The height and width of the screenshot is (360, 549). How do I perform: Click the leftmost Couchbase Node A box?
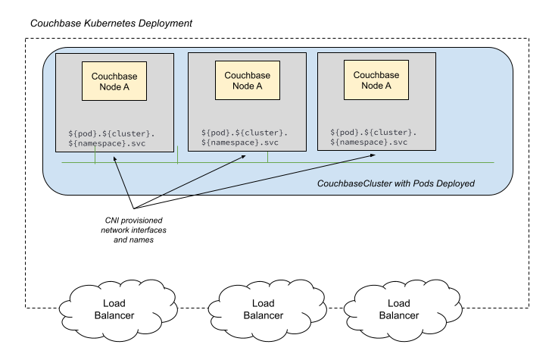pyautogui.click(x=114, y=81)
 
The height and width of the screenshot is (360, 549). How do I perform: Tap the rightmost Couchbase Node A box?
pyautogui.click(x=376, y=80)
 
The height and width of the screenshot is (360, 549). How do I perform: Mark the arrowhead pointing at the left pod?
pyautogui.click(x=114, y=158)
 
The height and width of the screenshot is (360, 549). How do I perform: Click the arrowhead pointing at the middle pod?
pyautogui.click(x=244, y=157)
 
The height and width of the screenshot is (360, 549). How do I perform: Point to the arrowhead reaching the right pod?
pyautogui.click(x=373, y=156)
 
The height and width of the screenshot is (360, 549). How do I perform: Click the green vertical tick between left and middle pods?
pyautogui.click(x=178, y=156)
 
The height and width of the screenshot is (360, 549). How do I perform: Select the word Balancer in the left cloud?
pyautogui.click(x=114, y=315)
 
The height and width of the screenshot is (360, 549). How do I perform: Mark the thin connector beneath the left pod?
pyautogui.click(x=95, y=157)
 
